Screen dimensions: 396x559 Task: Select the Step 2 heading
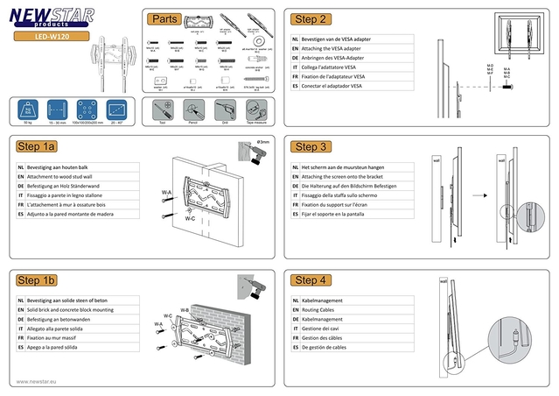tap(311, 18)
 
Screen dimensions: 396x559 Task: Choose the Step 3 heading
tap(311, 146)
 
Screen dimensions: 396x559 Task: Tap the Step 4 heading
tap(311, 279)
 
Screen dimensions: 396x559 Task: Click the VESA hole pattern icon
tap(86, 111)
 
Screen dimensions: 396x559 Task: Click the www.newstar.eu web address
tap(43, 381)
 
